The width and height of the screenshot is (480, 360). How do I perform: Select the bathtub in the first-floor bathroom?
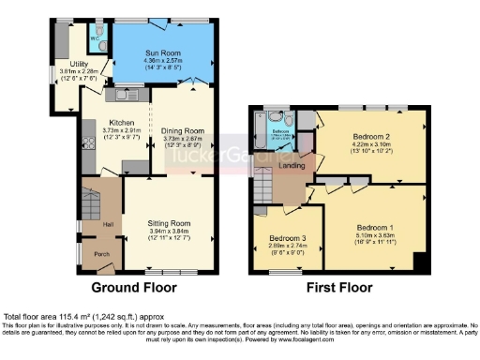click(x=279, y=120)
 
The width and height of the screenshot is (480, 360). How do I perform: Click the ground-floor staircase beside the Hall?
click(x=89, y=202)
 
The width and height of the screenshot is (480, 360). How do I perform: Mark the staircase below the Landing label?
click(x=265, y=192)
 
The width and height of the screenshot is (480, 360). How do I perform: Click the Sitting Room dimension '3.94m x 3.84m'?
click(x=171, y=232)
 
